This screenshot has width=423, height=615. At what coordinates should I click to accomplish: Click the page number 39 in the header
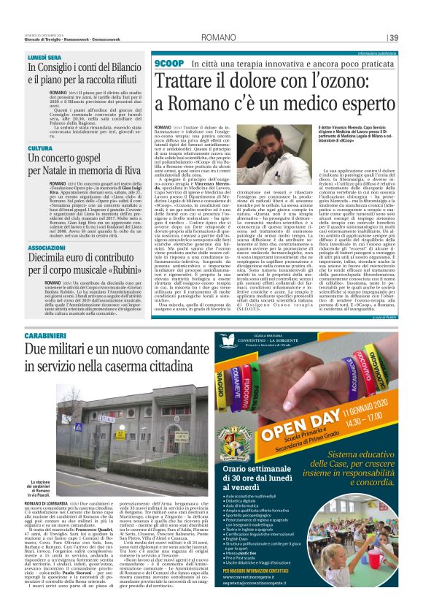tap(393, 37)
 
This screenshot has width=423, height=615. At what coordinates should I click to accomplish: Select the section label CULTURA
tap(40, 148)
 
